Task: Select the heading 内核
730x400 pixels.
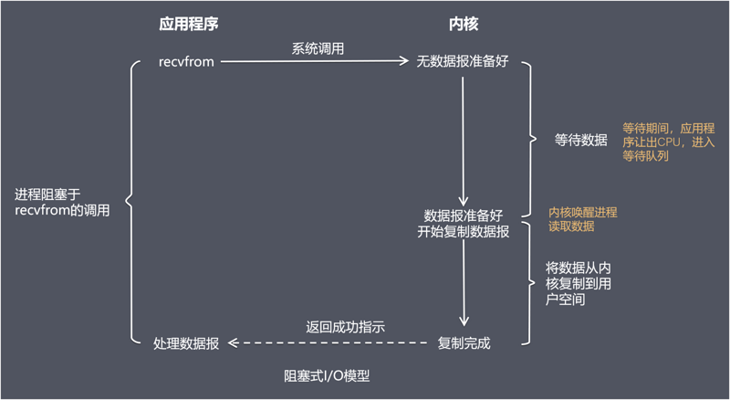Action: tap(464, 23)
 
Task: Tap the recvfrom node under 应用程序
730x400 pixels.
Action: tap(185, 63)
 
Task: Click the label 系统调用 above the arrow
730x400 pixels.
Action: tap(318, 48)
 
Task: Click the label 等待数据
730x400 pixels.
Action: tap(581, 140)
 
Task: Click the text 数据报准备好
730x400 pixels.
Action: tap(464, 216)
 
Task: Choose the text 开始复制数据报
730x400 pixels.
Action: tap(464, 232)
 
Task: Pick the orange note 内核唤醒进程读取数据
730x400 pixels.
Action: tap(582, 219)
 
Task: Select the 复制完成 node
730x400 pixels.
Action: tap(464, 343)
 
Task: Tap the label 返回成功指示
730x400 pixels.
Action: tap(344, 327)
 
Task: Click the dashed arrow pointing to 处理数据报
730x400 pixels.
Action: tap(328, 343)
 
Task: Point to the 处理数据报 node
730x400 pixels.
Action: tap(186, 343)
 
